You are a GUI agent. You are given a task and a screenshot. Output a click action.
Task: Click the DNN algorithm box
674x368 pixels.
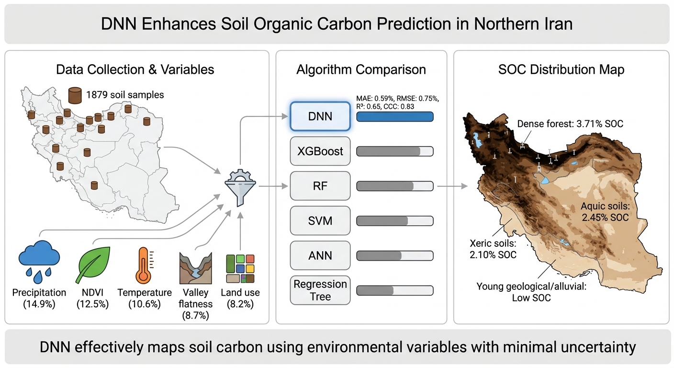pos(320,116)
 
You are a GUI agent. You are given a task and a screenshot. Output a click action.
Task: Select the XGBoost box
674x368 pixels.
pos(320,151)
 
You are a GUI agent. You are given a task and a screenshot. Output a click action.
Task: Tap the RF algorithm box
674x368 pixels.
pos(320,186)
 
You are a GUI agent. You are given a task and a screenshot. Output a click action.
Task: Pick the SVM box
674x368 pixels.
pos(320,221)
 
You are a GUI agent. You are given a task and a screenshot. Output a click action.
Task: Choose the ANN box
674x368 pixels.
pos(320,255)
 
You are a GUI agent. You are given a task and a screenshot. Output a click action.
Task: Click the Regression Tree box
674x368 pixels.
pos(320,290)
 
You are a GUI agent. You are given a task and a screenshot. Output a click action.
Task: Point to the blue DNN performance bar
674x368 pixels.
pos(395,116)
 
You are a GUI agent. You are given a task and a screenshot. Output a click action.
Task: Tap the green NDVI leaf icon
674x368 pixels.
pos(93,265)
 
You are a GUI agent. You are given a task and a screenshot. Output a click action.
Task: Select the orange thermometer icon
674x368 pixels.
pos(144,265)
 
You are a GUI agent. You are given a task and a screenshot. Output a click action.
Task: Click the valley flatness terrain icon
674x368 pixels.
pos(196,268)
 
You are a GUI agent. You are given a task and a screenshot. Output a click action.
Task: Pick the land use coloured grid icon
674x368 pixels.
pos(240,268)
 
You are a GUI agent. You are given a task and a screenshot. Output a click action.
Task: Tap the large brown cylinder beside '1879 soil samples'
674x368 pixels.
pos(75,95)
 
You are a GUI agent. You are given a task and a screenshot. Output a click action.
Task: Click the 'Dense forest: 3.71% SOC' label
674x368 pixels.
pos(570,124)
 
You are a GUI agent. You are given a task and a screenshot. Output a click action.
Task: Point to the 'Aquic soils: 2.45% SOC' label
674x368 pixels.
pos(605,212)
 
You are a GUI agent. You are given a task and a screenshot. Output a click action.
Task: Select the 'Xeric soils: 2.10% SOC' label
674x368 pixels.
pos(493,249)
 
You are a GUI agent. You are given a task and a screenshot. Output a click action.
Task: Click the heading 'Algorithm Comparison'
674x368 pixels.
pos(361,69)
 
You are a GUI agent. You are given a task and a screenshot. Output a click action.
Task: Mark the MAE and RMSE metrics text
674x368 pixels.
pos(397,99)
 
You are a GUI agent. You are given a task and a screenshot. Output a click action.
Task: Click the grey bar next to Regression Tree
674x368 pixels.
pos(395,290)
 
